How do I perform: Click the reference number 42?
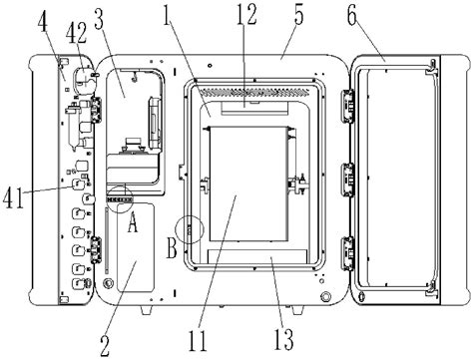(76, 34)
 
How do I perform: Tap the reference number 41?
(14, 198)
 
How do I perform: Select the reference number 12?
(246, 15)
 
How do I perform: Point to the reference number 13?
(283, 339)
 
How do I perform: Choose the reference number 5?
(298, 15)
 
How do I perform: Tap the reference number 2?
(105, 346)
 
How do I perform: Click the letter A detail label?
(133, 222)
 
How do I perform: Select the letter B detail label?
(172, 248)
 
